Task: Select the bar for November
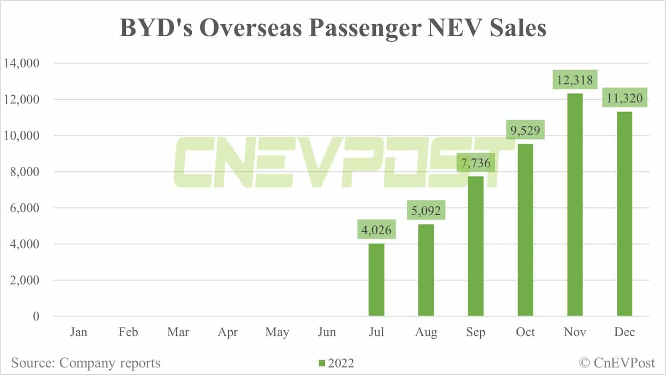(575, 205)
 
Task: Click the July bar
(377, 280)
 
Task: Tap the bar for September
(476, 246)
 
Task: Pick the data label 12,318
(575, 80)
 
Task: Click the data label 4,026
(377, 230)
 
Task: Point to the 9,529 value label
(525, 130)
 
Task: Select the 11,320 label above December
(625, 98)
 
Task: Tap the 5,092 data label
(426, 210)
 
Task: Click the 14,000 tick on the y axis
(22, 63)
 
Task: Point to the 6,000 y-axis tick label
(25, 208)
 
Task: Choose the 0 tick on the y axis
(36, 316)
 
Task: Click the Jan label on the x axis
(79, 332)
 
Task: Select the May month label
(277, 332)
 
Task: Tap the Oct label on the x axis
(525, 332)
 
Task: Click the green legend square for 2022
(322, 363)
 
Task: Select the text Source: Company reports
(86, 363)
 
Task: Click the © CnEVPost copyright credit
(617, 363)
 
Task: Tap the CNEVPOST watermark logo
(337, 162)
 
